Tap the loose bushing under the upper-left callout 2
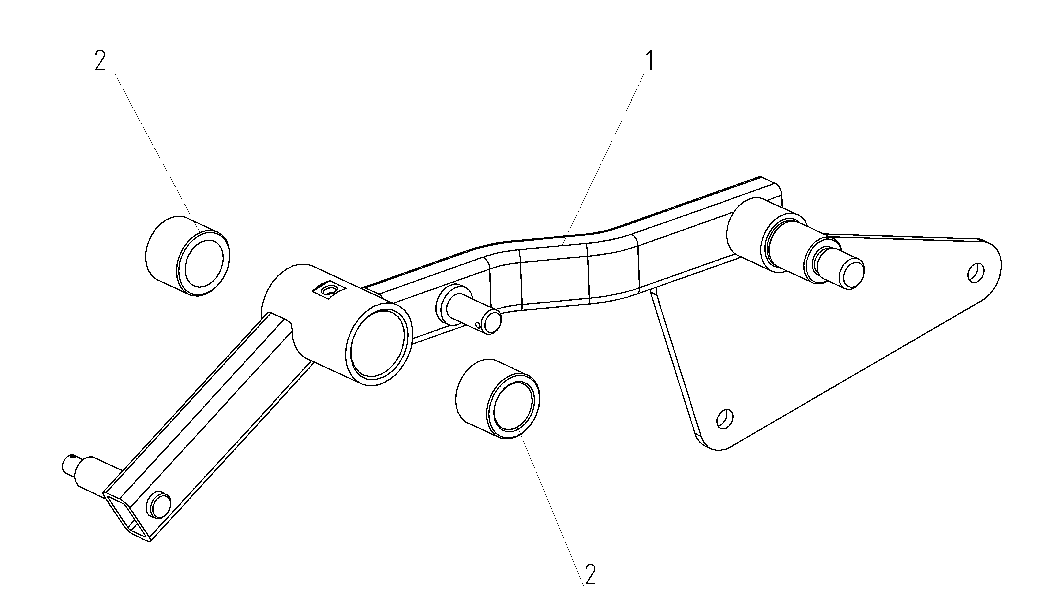tap(188, 256)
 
